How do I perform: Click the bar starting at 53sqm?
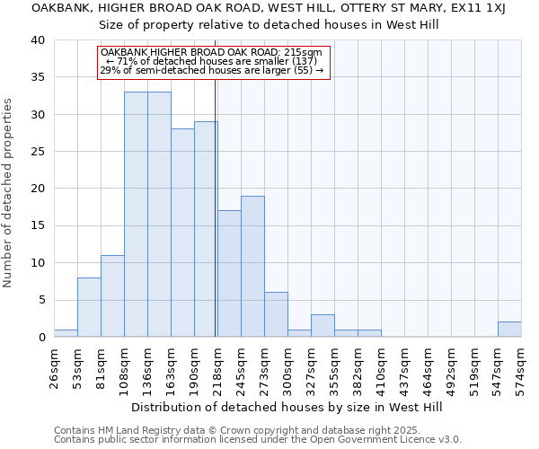(x=89, y=307)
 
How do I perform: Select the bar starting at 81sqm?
(x=112, y=296)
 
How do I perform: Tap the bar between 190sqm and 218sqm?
(x=206, y=229)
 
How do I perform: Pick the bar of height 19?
(x=252, y=267)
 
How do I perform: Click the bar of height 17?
(x=229, y=274)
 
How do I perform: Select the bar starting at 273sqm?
(x=276, y=314)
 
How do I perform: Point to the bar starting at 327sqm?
(x=323, y=326)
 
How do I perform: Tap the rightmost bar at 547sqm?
(x=509, y=330)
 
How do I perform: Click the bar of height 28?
(x=182, y=233)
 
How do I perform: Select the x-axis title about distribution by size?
(x=287, y=407)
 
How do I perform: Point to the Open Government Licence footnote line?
(x=258, y=440)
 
